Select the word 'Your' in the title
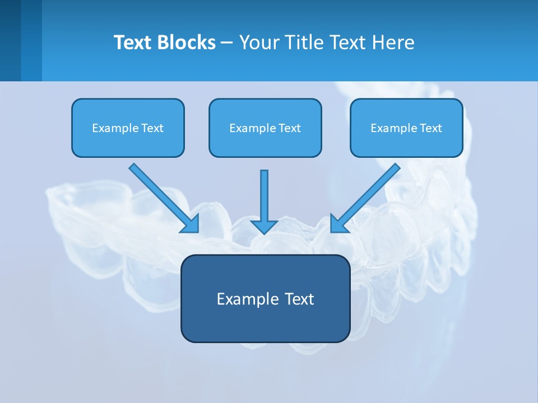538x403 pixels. pyautogui.click(x=259, y=43)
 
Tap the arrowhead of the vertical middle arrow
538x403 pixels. pyautogui.click(x=264, y=227)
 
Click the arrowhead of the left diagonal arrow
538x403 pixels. pyautogui.click(x=191, y=224)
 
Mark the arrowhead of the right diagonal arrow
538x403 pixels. pyautogui.click(x=338, y=224)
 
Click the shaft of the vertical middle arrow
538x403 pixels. pyautogui.click(x=264, y=193)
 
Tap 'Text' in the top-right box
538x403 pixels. pyautogui.click(x=430, y=128)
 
